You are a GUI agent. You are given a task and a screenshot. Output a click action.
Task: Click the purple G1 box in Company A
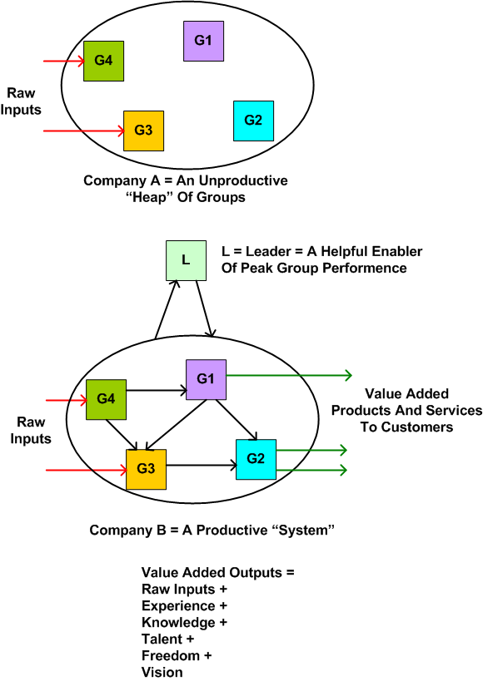pyautogui.click(x=204, y=41)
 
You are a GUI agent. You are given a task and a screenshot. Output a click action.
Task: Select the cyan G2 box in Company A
pyautogui.click(x=254, y=120)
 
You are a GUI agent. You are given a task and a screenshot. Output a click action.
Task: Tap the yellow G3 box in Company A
pyautogui.click(x=143, y=131)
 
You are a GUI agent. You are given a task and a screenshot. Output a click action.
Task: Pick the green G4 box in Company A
pyautogui.click(x=104, y=61)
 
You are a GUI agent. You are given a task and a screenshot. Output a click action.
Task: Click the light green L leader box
pyautogui.click(x=186, y=260)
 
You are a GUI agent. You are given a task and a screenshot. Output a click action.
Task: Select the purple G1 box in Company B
pyautogui.click(x=206, y=380)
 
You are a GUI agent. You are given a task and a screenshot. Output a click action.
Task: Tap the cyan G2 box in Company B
pyautogui.click(x=256, y=460)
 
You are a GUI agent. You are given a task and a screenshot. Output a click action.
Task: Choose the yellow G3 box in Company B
pyautogui.click(x=146, y=469)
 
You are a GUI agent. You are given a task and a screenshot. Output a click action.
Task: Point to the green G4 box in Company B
pyautogui.click(x=106, y=399)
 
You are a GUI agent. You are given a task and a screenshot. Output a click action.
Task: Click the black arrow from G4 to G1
pyautogui.click(x=156, y=388)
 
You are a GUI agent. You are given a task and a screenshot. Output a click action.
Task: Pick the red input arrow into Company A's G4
pyautogui.click(x=63, y=61)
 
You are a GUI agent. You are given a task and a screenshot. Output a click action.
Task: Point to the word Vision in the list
pyautogui.click(x=162, y=672)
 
